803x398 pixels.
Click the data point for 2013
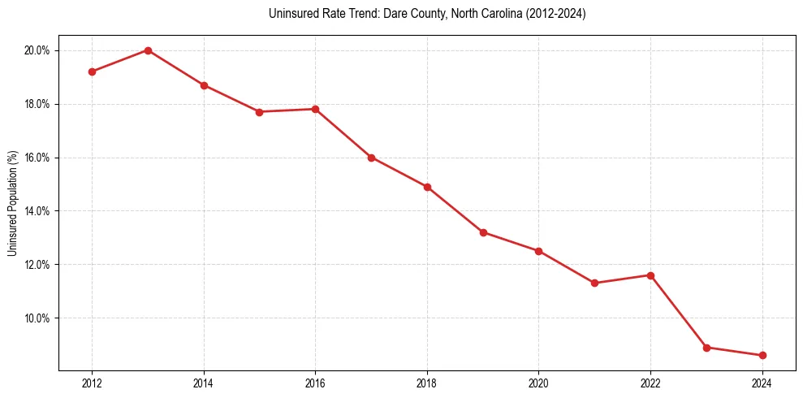pos(148,50)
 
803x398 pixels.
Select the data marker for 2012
pos(92,71)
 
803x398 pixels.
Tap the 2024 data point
pos(762,355)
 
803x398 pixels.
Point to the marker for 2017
pos(371,158)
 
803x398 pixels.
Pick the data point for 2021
pos(594,283)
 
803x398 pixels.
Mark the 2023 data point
pos(706,348)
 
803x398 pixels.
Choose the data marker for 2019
pos(483,232)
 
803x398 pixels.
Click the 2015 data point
pos(259,112)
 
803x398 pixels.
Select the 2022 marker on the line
pos(650,275)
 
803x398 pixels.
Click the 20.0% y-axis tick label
pos(37,50)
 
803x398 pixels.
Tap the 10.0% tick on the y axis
pos(37,318)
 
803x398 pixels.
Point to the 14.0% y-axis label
pos(37,211)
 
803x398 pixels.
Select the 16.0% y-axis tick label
pos(37,158)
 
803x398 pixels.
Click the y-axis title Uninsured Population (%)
pos(12,202)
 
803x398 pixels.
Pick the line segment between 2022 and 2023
pos(679,312)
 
